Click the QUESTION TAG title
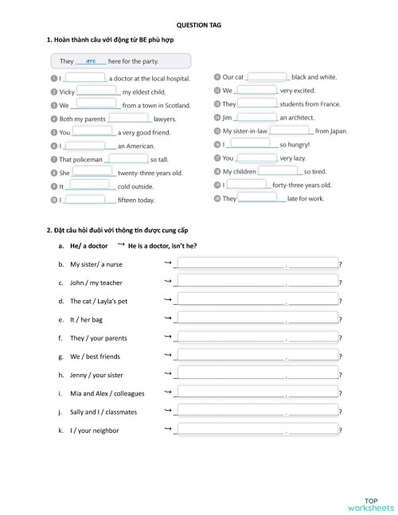[x=198, y=25]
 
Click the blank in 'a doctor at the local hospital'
[x=84, y=78]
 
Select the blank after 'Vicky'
[x=96, y=92]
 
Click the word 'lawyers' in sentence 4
[x=165, y=119]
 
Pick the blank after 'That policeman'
[x=127, y=159]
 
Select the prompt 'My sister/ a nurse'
[x=96, y=263]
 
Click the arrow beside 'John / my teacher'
[x=167, y=281]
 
